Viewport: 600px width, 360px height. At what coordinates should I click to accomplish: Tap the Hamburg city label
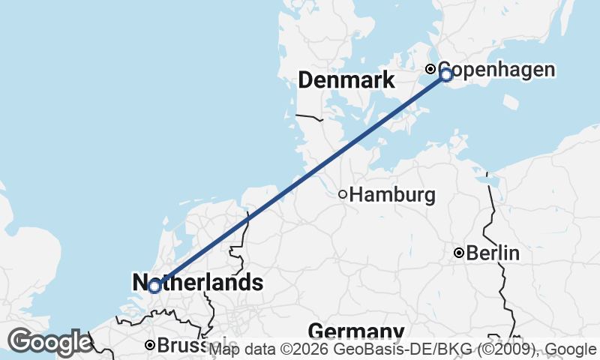(x=392, y=196)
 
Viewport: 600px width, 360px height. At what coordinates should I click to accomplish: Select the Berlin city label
(x=493, y=253)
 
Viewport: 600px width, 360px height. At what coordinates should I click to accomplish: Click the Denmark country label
(x=346, y=80)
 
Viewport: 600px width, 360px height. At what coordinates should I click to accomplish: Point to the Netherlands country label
(x=198, y=283)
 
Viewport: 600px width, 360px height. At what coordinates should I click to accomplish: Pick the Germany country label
(x=355, y=331)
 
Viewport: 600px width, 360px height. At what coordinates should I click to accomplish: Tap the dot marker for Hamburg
(x=343, y=194)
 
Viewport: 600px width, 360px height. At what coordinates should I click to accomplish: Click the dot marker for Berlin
(x=459, y=253)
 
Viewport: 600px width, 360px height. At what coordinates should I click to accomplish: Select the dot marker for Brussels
(x=150, y=345)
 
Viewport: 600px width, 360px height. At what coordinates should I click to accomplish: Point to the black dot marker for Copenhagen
(x=431, y=69)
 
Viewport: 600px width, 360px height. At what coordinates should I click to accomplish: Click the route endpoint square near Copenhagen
(x=446, y=75)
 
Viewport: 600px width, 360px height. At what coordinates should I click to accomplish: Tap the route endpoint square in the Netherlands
(x=154, y=286)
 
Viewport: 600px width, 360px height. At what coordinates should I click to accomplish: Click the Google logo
(x=49, y=343)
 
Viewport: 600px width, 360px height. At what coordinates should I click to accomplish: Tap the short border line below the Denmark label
(x=308, y=117)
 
